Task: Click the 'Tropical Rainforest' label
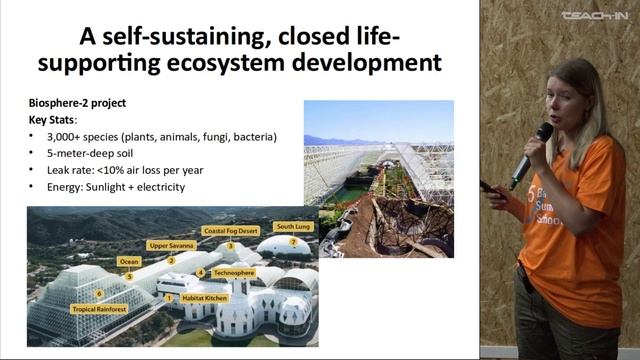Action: [x=101, y=309]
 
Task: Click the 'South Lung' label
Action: [x=292, y=227]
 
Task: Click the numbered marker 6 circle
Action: [x=99, y=294]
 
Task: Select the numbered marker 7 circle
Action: [x=293, y=242]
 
